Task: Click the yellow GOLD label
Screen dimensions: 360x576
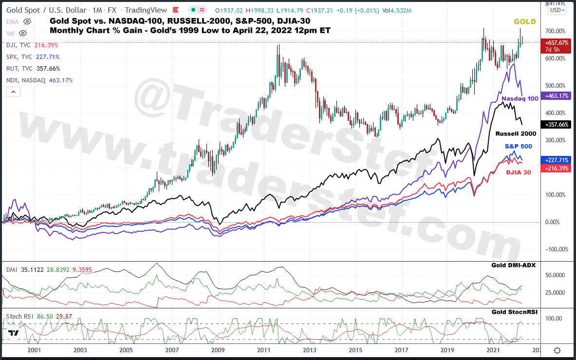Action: click(x=524, y=21)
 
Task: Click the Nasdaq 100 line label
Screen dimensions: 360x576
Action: click(x=520, y=98)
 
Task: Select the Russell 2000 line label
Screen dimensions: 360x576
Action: click(x=516, y=133)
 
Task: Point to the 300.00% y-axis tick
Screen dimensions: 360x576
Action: click(x=555, y=140)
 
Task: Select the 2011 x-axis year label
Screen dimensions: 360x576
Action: click(x=264, y=350)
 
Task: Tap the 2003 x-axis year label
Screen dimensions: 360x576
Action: click(x=80, y=350)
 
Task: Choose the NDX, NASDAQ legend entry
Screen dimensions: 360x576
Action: click(x=24, y=80)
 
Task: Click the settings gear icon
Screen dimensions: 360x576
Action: click(x=557, y=350)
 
